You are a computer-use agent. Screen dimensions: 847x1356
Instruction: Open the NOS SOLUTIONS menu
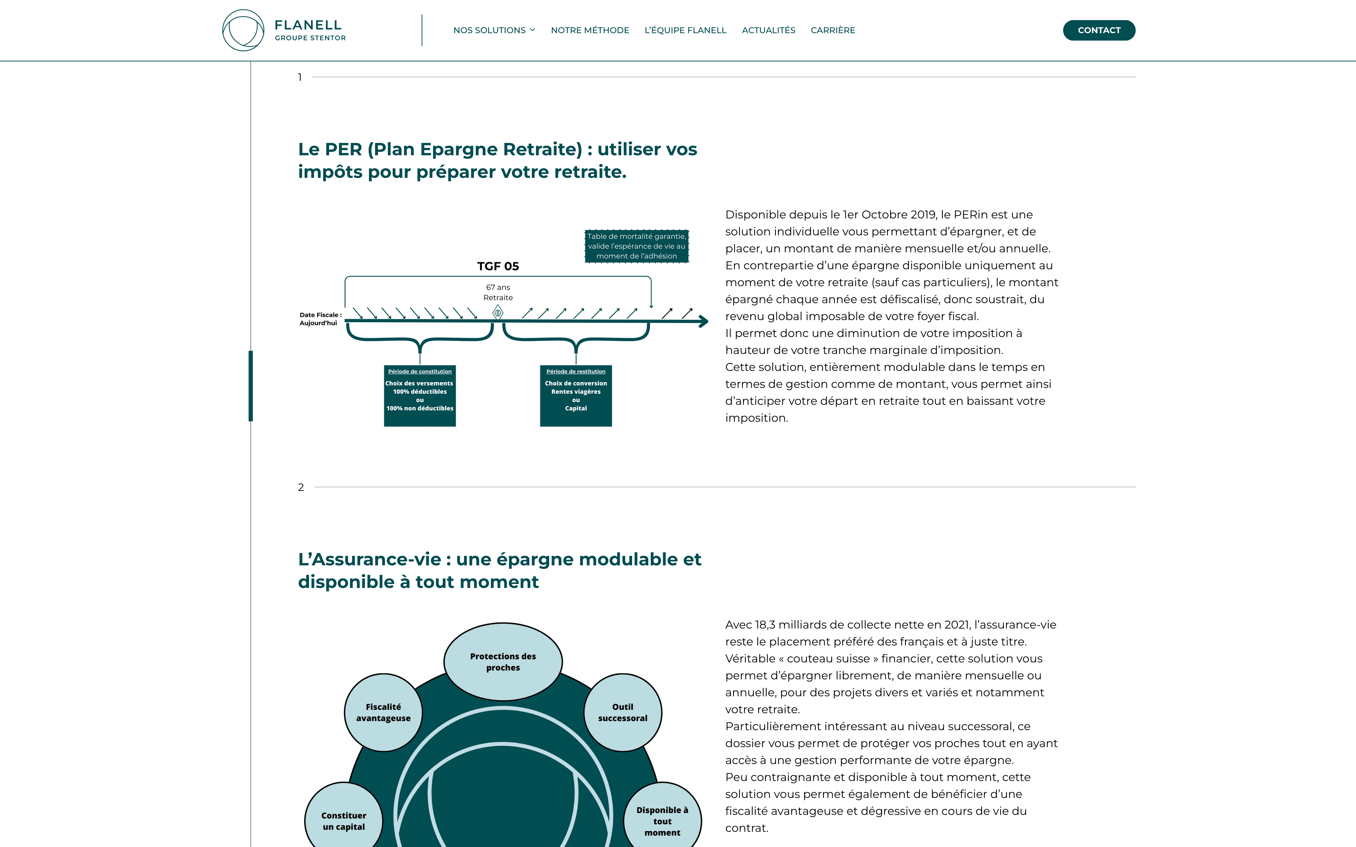click(x=494, y=30)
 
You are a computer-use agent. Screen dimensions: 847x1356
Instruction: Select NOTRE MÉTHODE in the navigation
click(x=589, y=30)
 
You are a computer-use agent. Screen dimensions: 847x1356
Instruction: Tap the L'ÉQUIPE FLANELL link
click(x=685, y=30)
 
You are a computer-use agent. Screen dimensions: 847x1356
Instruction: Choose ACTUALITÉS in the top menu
click(x=768, y=30)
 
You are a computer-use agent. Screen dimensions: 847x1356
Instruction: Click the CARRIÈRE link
click(x=833, y=30)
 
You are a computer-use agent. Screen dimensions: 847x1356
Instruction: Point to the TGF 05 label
click(x=498, y=266)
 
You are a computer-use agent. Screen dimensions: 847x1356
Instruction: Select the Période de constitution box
click(x=420, y=396)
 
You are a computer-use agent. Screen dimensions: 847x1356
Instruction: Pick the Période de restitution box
click(x=576, y=396)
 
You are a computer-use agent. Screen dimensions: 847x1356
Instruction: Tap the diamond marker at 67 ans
click(x=498, y=313)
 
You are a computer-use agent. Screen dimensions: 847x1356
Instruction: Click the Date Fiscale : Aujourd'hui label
click(x=320, y=319)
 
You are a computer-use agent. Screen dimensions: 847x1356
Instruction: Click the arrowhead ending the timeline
click(x=704, y=322)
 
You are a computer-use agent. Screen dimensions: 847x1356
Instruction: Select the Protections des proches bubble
click(x=502, y=662)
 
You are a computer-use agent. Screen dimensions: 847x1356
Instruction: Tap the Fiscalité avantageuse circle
click(x=383, y=712)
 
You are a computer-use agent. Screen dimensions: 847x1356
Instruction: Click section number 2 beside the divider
click(x=301, y=487)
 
